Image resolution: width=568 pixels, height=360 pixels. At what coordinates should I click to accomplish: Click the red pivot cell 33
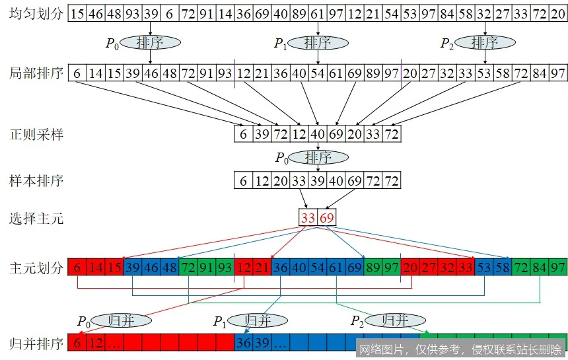[308, 218]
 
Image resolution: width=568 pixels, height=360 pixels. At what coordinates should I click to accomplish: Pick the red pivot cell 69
[326, 218]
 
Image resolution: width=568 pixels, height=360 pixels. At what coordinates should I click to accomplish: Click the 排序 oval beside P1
[318, 43]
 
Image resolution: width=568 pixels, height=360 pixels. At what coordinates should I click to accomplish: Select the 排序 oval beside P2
[485, 43]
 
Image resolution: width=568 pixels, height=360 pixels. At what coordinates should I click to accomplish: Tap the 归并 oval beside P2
[394, 320]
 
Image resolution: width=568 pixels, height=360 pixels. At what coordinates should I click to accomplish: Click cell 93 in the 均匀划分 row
[132, 13]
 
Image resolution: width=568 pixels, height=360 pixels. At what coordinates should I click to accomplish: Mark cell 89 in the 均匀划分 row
[299, 13]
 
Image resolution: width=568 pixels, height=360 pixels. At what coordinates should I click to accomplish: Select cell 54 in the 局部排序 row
[318, 73]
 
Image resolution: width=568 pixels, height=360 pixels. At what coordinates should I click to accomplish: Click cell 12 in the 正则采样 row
[299, 135]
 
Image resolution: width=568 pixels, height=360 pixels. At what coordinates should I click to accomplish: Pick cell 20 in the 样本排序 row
[280, 180]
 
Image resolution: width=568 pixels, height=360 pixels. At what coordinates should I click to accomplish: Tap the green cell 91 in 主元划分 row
[206, 268]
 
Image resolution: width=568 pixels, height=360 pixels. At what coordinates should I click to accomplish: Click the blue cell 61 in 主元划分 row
[336, 268]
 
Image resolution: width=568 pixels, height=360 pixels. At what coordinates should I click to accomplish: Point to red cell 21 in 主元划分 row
[262, 268]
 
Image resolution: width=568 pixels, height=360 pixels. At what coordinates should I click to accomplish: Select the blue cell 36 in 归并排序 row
[244, 343]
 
